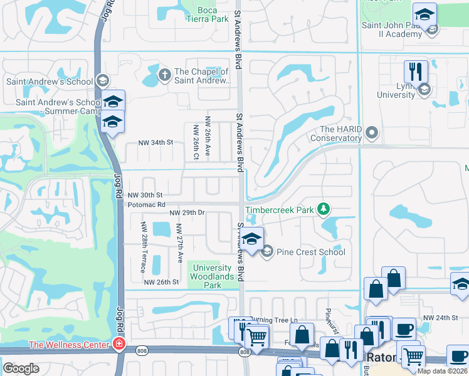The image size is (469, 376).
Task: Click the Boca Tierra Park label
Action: coord(207,14)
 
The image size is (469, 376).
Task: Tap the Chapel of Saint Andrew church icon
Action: coord(165,75)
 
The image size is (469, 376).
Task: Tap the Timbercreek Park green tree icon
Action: coord(324,209)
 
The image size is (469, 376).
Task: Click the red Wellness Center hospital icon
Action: coord(118,343)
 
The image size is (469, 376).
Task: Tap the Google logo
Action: coord(21,368)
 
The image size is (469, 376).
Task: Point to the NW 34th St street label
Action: coord(156,142)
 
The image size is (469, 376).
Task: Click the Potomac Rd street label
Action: coord(146,204)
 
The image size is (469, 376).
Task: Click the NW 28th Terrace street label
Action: coord(144,248)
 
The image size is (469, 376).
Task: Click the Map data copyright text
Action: coord(443,370)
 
